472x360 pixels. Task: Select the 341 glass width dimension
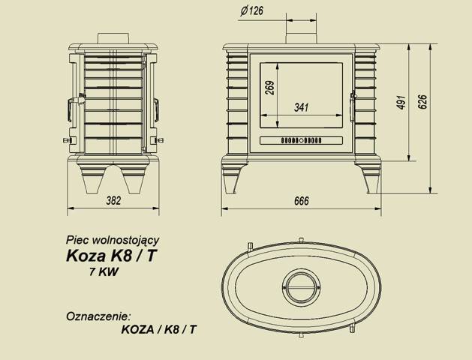click(301, 107)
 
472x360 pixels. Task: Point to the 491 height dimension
click(401, 103)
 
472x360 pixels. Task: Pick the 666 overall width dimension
click(302, 201)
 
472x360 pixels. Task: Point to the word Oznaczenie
click(98, 314)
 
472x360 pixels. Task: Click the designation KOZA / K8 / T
click(158, 328)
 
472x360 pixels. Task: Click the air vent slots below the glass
click(301, 140)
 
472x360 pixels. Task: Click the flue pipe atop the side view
click(113, 37)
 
